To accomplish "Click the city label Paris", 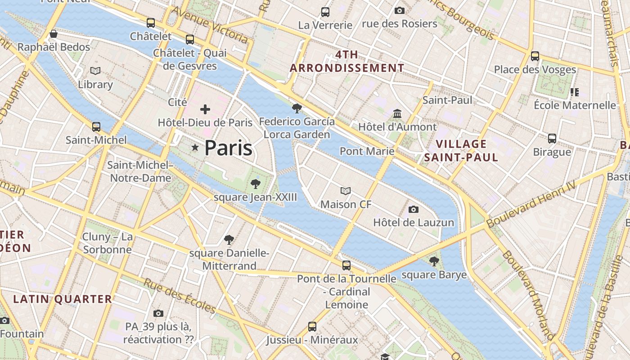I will [228, 148].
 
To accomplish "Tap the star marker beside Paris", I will [195, 147].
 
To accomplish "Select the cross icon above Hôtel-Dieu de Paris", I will [205, 109].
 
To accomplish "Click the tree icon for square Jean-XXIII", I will [255, 184].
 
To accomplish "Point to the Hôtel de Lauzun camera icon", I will [413, 209].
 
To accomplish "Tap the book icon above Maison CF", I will [346, 191].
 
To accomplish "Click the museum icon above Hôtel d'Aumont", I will [397, 113].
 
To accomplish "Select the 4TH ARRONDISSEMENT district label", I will [347, 62].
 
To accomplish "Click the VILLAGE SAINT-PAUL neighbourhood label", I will [461, 150].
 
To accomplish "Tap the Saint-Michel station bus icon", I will [96, 127].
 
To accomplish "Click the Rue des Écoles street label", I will [180, 295].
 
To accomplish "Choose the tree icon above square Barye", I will [434, 261].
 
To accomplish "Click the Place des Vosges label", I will [535, 69].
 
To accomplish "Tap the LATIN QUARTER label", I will [63, 299].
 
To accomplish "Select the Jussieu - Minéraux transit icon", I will [312, 326].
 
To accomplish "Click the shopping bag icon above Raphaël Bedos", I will [54, 34].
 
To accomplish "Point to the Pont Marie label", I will [367, 151].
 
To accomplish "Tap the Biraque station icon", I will [552, 139].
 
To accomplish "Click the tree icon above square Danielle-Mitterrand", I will [229, 240].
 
